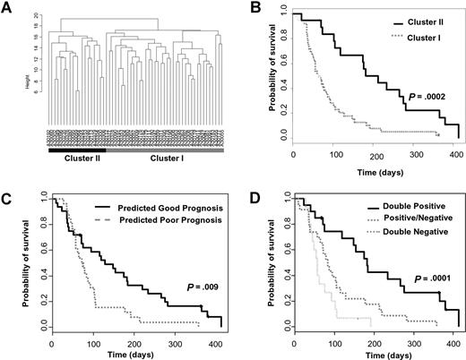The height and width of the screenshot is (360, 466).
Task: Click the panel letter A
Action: (x=7, y=8)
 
